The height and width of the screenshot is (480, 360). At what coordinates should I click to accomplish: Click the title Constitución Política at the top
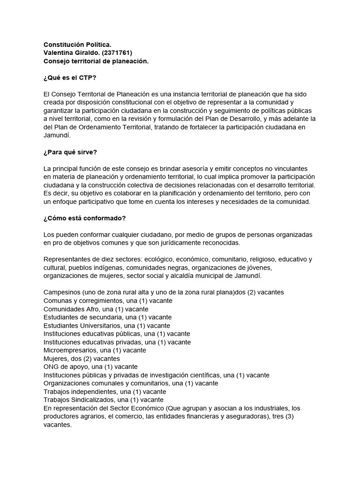point(77,44)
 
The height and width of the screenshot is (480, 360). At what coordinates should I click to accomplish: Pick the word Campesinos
point(62,292)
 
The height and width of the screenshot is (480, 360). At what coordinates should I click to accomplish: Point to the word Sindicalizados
point(96,400)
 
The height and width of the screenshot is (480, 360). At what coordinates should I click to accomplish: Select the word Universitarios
point(100,325)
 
